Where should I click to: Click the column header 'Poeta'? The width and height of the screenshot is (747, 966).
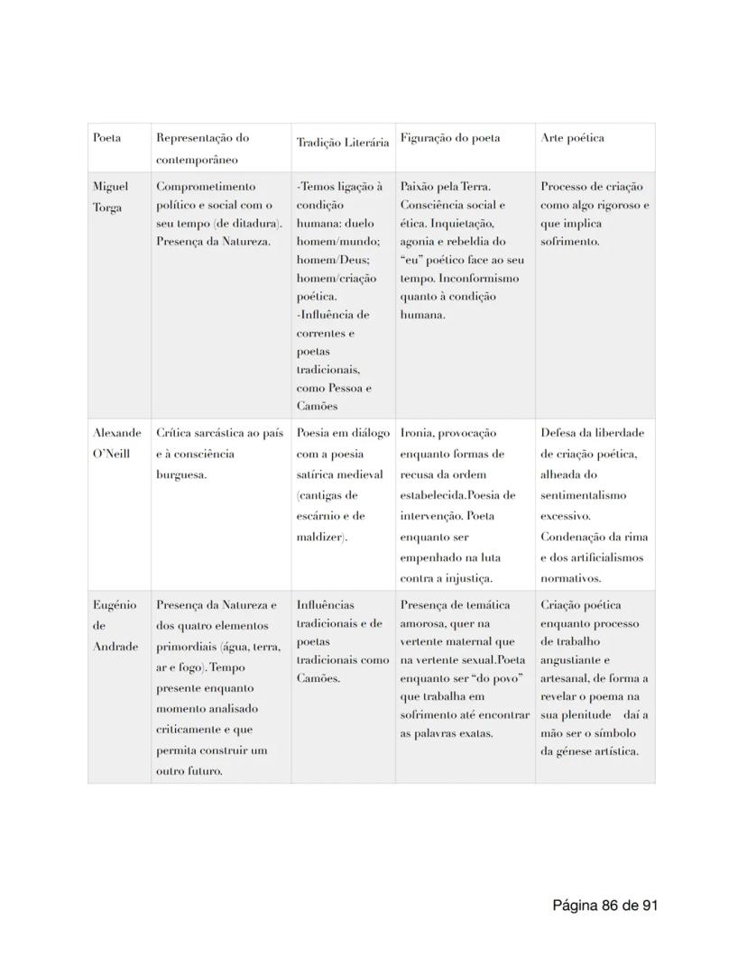point(106,138)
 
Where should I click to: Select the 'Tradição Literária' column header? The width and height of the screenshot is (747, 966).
point(342,143)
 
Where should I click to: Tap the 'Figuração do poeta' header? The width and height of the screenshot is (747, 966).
point(449,138)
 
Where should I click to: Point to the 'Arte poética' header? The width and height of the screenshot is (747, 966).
point(572,138)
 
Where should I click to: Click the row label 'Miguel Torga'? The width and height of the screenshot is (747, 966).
point(110,197)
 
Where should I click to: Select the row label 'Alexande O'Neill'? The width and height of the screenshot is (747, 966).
point(116,443)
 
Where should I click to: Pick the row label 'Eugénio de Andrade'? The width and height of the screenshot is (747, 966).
point(115,625)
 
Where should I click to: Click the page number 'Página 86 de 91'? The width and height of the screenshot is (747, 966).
point(604,905)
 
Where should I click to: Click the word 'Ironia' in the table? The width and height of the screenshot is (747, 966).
point(417,433)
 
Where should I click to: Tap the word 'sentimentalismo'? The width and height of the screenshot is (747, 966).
point(583,495)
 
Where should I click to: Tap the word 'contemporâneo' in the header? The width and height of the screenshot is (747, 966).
point(197,160)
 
